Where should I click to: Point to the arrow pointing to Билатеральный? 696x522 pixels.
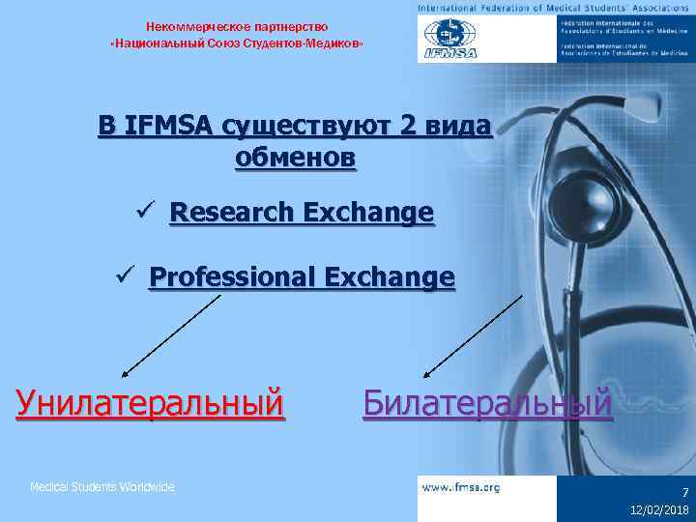[475, 334]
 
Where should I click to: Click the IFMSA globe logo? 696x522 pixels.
[448, 40]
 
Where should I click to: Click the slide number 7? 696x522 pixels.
[682, 492]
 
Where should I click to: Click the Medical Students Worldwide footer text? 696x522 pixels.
[101, 487]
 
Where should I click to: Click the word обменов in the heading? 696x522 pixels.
[295, 158]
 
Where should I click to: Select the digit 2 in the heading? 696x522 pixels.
[411, 127]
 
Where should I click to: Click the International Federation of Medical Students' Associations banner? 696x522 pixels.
[555, 8]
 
